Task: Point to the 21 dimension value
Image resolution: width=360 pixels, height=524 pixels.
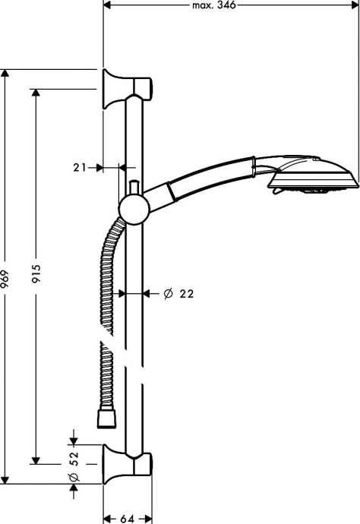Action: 81,167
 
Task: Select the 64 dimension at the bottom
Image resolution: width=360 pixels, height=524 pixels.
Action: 127,518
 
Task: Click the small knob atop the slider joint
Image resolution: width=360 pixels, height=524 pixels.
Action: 132,186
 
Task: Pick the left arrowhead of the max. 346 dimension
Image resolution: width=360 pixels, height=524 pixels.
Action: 107,5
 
